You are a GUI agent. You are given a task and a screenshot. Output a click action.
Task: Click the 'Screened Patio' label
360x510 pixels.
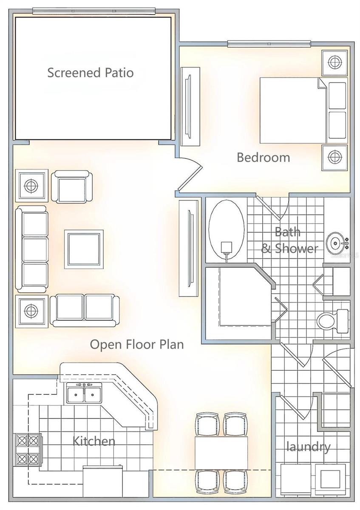90,73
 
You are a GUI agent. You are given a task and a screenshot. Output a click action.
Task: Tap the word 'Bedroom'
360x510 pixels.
263,157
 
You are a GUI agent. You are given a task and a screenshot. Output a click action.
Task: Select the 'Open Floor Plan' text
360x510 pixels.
137,344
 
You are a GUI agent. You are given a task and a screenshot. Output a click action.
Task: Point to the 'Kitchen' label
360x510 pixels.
94,441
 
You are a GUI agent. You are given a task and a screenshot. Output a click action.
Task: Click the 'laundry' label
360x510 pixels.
308,447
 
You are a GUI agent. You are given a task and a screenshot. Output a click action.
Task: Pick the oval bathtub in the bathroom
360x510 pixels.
227,229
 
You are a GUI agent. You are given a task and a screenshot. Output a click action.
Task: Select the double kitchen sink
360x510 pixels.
84,393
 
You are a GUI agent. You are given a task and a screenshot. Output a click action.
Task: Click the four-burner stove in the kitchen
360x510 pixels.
28,450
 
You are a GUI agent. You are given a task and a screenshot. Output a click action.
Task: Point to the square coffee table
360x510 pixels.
84,249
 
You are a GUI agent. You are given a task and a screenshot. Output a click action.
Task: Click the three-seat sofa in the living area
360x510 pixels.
31,249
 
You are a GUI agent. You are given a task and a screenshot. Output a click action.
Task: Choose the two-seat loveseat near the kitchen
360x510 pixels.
85,310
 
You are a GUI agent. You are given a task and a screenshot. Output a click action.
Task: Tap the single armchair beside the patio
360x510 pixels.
72,186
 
